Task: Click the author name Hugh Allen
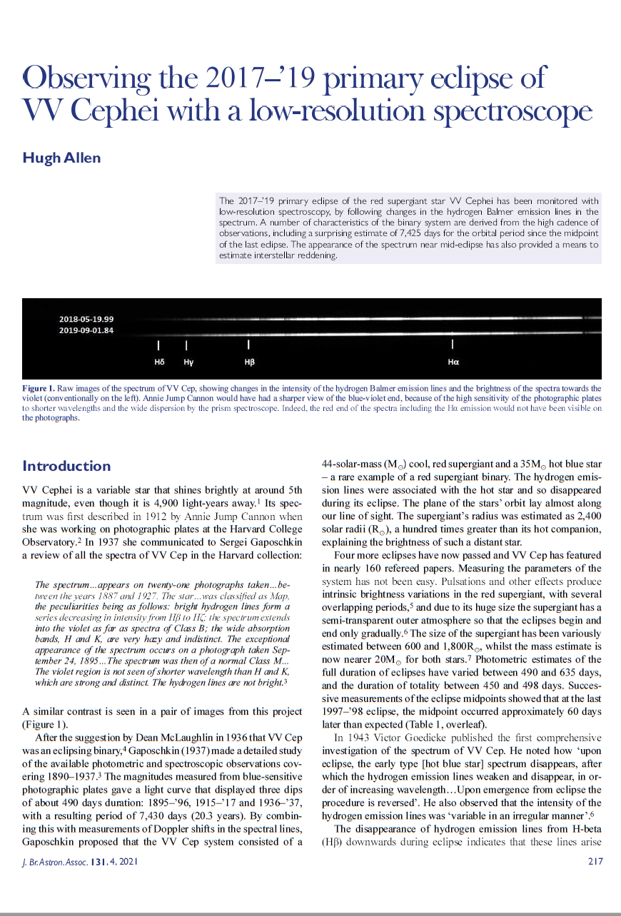[x=61, y=158]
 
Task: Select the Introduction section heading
[x=66, y=466]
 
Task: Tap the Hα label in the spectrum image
[x=453, y=362]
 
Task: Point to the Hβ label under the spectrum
[x=249, y=362]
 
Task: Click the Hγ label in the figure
[x=188, y=362]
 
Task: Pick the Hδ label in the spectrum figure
[x=159, y=362]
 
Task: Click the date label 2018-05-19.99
[x=86, y=319]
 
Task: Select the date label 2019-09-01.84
[x=86, y=330]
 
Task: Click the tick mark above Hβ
[x=248, y=345]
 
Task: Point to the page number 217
[x=595, y=862]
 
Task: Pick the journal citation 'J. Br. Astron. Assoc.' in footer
[x=55, y=862]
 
